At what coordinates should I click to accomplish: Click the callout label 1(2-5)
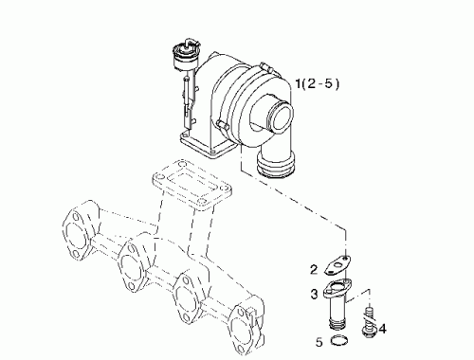317,86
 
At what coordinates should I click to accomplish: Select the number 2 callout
314,268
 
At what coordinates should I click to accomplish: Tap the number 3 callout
314,294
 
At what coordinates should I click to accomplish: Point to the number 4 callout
382,329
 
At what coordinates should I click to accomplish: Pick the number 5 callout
319,340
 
